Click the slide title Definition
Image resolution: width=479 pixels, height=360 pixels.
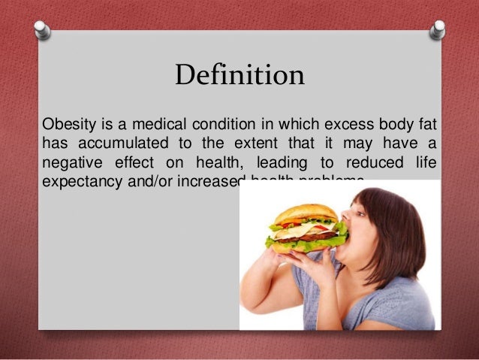click(x=239, y=76)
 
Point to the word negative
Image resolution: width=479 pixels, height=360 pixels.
click(x=71, y=162)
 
